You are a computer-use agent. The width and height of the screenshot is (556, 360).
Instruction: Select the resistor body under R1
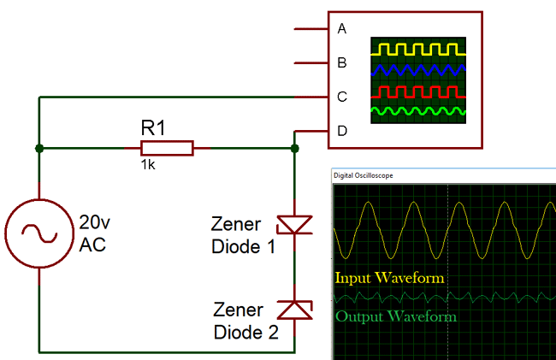[168, 148]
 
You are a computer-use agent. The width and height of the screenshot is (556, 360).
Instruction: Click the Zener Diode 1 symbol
[294, 225]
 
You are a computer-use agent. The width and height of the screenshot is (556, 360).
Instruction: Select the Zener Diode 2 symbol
[294, 309]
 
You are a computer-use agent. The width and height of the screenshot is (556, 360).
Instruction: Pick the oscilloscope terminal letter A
[342, 29]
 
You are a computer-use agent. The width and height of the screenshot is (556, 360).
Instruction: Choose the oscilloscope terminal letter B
[342, 62]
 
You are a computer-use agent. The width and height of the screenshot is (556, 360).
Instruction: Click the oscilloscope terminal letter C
[342, 97]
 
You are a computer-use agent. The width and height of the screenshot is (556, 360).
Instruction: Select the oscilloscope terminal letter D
[342, 131]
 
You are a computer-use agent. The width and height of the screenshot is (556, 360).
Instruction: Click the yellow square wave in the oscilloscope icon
[418, 48]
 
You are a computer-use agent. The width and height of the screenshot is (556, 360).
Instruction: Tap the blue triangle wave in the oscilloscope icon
[418, 69]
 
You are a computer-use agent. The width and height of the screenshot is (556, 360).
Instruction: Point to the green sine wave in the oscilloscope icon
[418, 111]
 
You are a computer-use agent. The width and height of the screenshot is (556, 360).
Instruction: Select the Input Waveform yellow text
[389, 278]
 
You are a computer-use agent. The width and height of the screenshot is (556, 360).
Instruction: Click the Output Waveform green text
[395, 316]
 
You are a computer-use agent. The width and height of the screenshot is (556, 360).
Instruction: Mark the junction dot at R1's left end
[39, 148]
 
